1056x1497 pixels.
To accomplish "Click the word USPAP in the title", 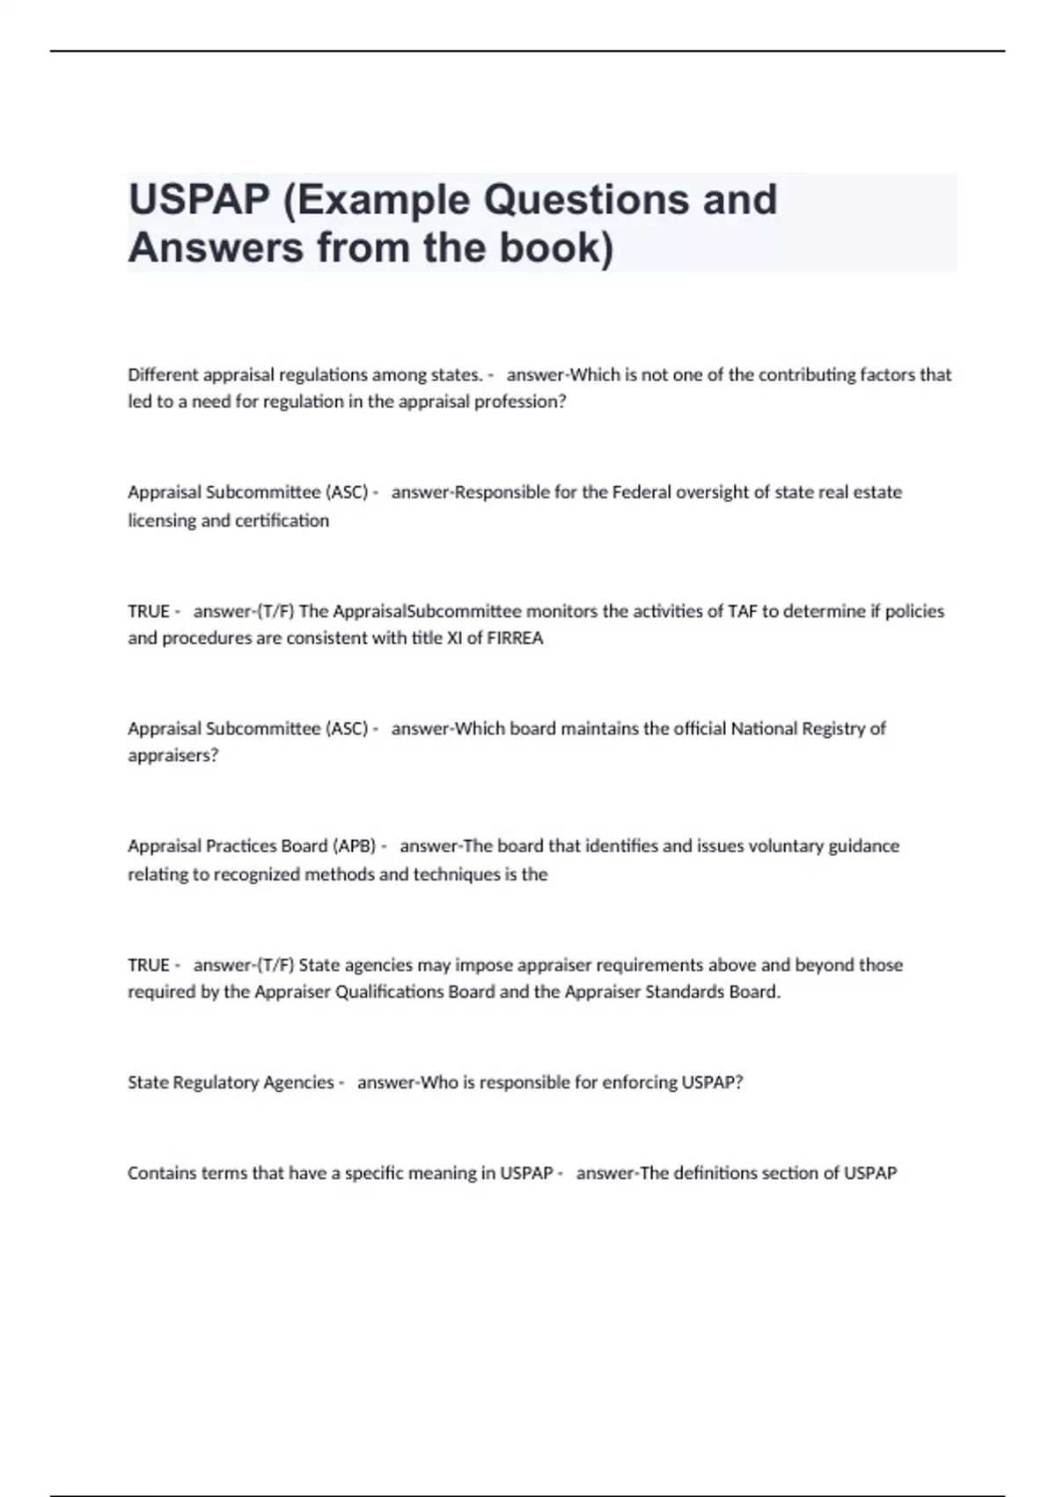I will (x=199, y=200).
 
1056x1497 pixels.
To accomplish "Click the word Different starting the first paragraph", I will (x=163, y=375).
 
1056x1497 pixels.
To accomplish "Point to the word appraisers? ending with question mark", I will (x=172, y=756).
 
